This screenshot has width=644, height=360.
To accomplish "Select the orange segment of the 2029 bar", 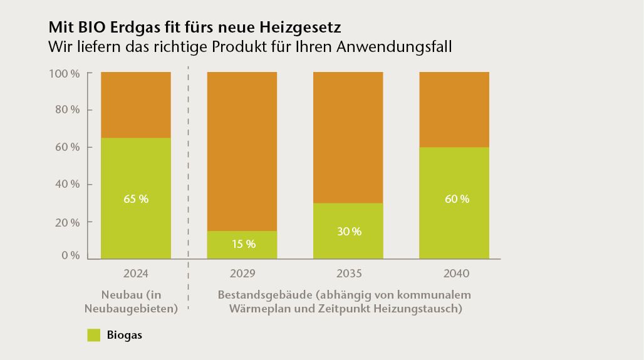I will (242, 150).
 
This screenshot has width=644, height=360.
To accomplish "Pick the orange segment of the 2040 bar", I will (454, 110).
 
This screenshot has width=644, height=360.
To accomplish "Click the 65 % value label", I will (136, 199).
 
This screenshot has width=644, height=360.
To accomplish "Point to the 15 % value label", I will (242, 244).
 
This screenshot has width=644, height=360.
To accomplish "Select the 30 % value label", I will (349, 231).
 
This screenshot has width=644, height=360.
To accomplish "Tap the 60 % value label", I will (456, 199).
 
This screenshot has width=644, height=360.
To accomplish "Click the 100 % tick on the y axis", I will (64, 73).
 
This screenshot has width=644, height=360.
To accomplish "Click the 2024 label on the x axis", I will (135, 274).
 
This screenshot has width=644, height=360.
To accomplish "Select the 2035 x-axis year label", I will (348, 274).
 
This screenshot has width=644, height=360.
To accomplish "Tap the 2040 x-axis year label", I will (454, 274).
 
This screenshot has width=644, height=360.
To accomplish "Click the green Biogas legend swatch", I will (94, 335).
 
